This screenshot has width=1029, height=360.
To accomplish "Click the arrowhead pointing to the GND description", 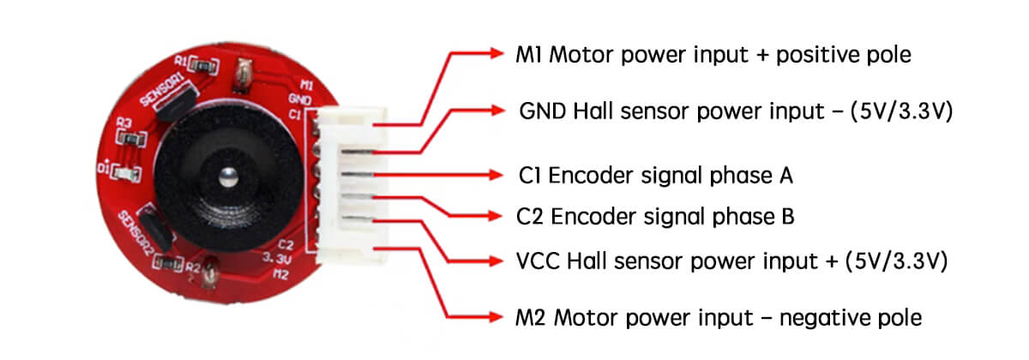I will (499, 111).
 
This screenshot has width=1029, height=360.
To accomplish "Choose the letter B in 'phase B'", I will (787, 217).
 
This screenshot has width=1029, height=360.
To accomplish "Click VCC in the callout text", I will (537, 259).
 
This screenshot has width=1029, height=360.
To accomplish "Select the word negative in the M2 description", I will (810, 318).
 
